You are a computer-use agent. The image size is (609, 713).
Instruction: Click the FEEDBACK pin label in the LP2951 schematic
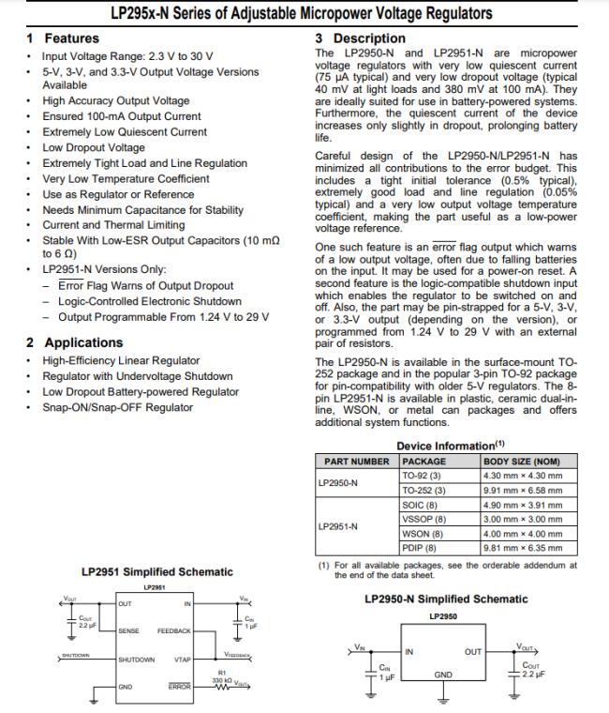pyautogui.click(x=174, y=631)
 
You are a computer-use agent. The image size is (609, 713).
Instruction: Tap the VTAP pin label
pyautogui.click(x=182, y=660)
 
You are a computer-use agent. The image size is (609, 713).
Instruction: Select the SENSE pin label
pyautogui.click(x=128, y=631)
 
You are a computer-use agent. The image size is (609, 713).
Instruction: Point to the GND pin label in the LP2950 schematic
pyautogui.click(x=443, y=675)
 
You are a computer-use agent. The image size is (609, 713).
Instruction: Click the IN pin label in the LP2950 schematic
pyautogui.click(x=409, y=651)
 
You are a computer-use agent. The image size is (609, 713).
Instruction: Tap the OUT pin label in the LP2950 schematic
pyautogui.click(x=473, y=651)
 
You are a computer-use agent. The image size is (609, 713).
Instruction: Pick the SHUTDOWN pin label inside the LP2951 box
pyautogui.click(x=137, y=660)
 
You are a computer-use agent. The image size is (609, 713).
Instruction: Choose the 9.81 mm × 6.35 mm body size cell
pyautogui.click(x=523, y=547)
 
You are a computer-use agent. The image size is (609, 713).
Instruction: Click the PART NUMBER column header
pyautogui.click(x=356, y=462)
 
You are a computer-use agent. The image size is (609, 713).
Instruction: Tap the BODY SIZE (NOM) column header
pyautogui.click(x=521, y=462)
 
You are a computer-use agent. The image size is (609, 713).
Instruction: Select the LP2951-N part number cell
pyautogui.click(x=338, y=525)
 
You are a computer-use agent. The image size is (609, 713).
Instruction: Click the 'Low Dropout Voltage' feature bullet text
pyautogui.click(x=94, y=147)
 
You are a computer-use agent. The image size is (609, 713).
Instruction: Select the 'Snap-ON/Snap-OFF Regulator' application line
pyautogui.click(x=118, y=407)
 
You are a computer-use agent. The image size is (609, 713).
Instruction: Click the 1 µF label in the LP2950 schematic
pyautogui.click(x=384, y=676)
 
